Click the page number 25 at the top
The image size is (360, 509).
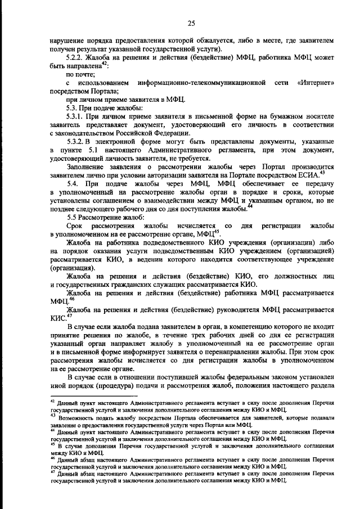pos(191,23)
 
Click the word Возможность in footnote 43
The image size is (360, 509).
pos(76,417)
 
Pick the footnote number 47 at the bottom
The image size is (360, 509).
pos(52,473)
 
